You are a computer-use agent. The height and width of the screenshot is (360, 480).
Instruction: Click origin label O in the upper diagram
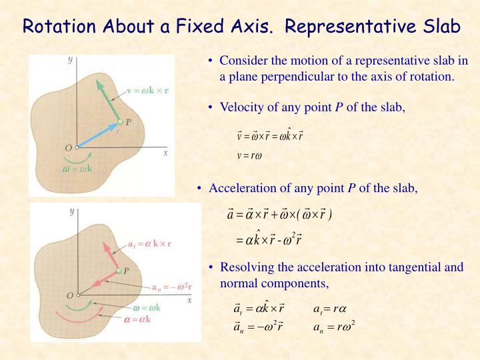[67, 147]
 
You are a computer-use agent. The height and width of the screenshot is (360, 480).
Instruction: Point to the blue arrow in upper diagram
[98, 135]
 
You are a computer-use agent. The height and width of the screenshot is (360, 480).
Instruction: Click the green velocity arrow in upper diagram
[108, 100]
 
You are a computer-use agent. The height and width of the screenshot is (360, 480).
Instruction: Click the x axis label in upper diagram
[165, 153]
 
